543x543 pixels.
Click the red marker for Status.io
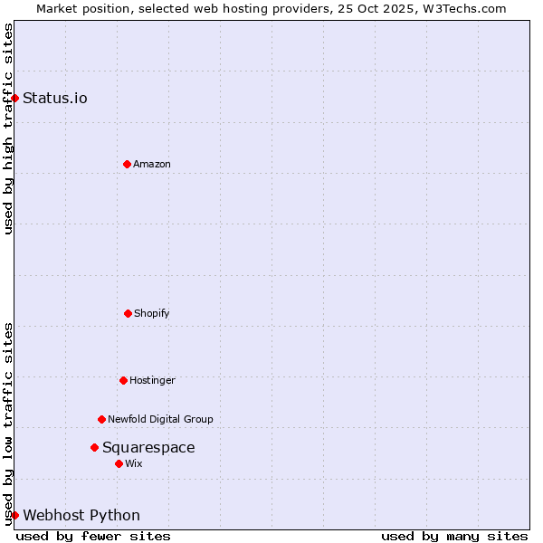(14, 98)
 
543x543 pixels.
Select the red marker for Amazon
(127, 164)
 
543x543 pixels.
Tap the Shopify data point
(128, 313)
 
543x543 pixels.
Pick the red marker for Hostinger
(123, 380)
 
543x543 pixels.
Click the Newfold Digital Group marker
(101, 419)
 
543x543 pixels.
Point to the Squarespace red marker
(94, 447)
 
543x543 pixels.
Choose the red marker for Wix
(119, 463)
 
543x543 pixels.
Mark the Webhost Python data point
(14, 515)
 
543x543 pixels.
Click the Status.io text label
(55, 98)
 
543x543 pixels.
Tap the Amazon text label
(152, 164)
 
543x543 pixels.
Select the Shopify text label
(152, 313)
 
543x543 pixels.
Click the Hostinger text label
(152, 380)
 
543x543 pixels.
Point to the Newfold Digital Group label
(160, 419)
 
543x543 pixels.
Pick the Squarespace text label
(148, 447)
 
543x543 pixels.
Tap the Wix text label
(134, 463)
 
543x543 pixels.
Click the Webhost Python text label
(81, 515)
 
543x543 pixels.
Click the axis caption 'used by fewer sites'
(93, 536)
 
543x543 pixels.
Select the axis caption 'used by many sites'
(454, 536)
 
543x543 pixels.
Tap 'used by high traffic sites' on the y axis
(8, 129)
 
